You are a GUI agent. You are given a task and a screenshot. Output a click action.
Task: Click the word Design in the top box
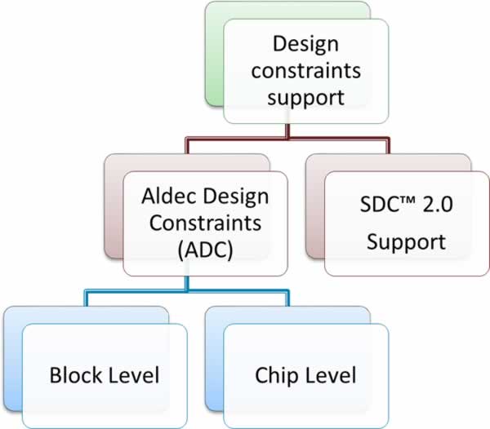point(305,45)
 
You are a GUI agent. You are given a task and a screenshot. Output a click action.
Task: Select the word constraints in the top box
point(306,70)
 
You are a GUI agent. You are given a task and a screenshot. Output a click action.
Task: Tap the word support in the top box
point(306,99)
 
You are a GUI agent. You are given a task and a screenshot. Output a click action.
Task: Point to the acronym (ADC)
point(205,250)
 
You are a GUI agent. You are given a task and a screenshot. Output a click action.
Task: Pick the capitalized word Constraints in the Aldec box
point(205,223)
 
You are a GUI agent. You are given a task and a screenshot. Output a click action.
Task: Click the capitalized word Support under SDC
point(406,242)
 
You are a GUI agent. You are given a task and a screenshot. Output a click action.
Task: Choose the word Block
point(78,375)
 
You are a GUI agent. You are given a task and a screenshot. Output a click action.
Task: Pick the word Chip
point(276,376)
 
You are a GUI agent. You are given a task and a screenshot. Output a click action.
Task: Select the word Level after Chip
point(332,375)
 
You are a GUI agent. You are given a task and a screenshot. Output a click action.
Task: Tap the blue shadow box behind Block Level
point(13,359)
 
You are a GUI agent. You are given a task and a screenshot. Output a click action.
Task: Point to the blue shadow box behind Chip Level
point(214,359)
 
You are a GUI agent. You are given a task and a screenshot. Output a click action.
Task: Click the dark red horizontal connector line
point(287,138)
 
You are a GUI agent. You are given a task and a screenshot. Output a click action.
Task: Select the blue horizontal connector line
point(187,291)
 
